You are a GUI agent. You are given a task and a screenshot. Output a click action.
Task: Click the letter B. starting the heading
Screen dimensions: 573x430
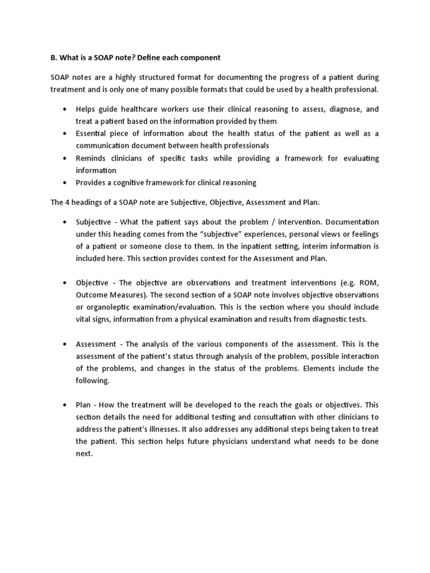[x=54, y=58]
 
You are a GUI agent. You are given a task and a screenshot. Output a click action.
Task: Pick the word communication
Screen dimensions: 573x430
[x=102, y=145]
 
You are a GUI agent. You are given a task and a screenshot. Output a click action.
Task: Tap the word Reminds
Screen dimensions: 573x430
[x=91, y=158]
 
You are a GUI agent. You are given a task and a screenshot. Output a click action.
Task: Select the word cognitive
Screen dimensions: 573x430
[x=134, y=182]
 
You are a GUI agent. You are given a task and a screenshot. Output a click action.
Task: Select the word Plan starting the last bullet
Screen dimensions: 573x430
[x=84, y=405]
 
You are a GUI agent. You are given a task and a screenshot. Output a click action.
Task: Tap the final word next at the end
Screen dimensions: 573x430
[x=84, y=453]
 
